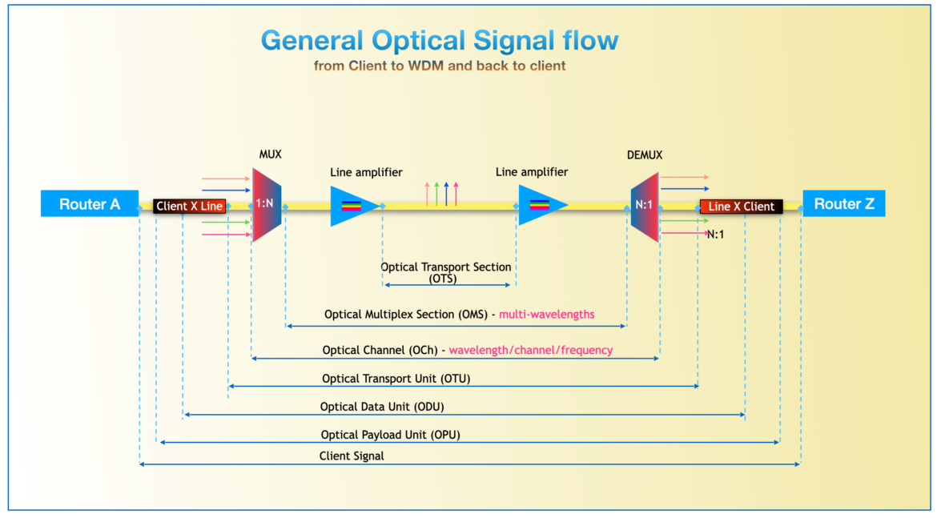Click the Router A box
[89, 204]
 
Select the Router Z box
[844, 204]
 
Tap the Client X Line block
[189, 206]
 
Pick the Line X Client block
[741, 206]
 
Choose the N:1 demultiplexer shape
[644, 205]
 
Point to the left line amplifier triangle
[352, 205]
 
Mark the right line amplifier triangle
[540, 205]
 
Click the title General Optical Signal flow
[440, 40]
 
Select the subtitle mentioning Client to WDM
[440, 66]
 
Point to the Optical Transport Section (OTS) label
[446, 272]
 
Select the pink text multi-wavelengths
[546, 315]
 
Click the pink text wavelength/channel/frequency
[530, 350]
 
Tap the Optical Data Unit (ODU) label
[382, 407]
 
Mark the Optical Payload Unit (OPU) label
[390, 435]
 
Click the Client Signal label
[352, 456]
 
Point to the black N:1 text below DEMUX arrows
[715, 235]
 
